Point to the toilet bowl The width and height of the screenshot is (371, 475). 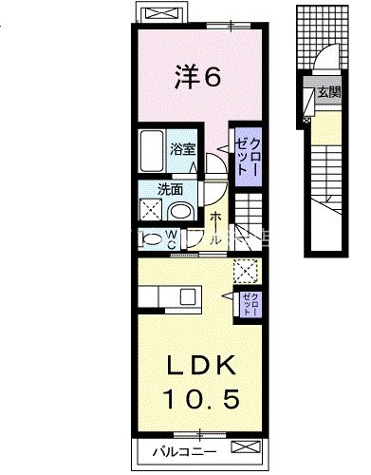[150, 237]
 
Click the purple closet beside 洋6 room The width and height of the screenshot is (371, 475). [244, 154]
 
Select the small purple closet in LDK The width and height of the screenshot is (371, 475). [250, 303]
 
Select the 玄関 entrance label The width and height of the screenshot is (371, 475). [328, 92]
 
